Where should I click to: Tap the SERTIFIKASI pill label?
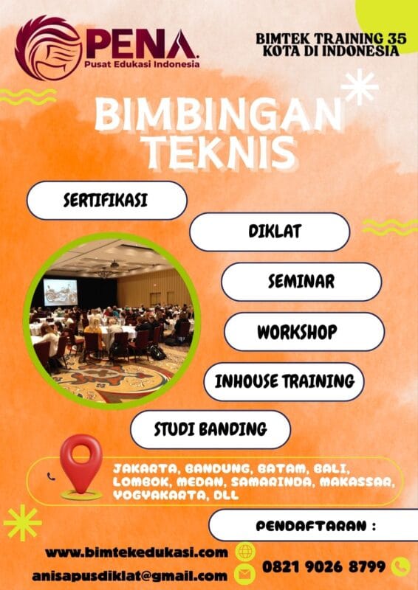coord(106,200)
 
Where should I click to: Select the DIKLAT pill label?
coord(270,232)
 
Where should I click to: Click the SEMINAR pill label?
coord(301,282)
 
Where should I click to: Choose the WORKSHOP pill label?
coord(304,332)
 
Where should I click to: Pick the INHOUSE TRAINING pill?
coord(284,381)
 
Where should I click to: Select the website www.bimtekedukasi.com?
coord(136,552)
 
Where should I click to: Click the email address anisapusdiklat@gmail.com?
coord(129,575)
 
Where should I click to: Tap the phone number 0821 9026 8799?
coord(323,566)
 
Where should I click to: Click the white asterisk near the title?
coord(360,87)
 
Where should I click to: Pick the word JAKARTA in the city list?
coord(144,468)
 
